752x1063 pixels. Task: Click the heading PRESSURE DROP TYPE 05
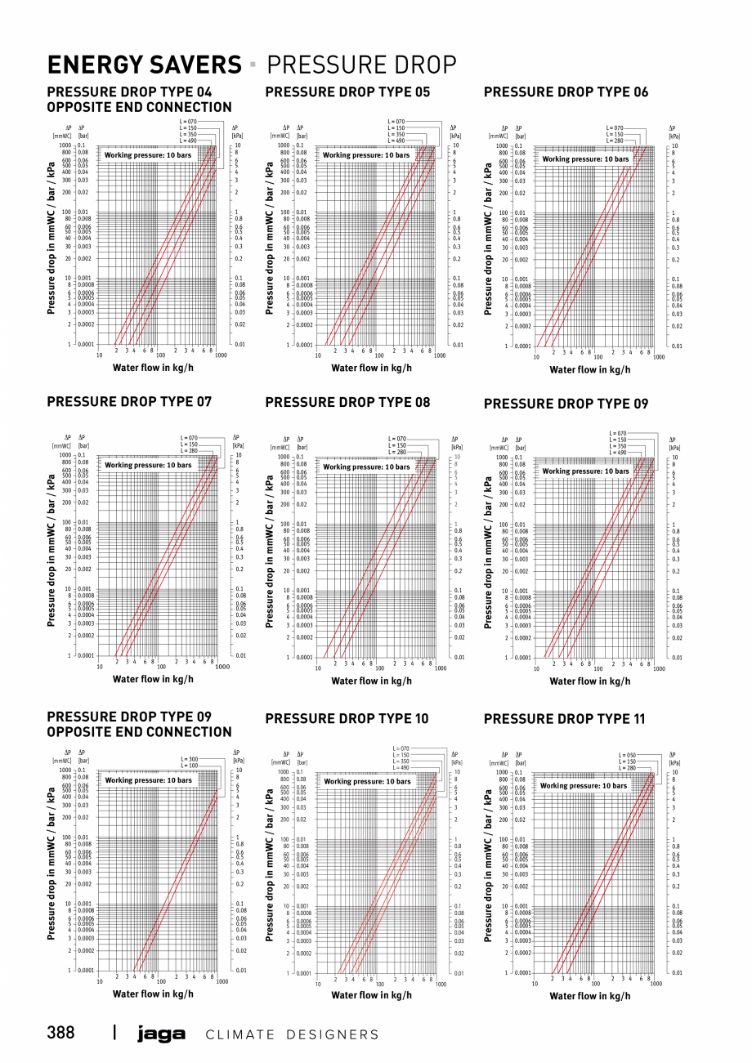point(347,92)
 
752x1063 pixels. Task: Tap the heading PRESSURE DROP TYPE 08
point(347,402)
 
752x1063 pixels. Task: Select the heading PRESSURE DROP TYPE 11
point(564,719)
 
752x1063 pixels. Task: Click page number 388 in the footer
point(61,1033)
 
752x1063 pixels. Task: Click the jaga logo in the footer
point(161,1034)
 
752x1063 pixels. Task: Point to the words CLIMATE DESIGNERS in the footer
point(292,1034)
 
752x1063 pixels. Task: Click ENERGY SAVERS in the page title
point(144,65)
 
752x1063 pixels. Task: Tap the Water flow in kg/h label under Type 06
point(589,369)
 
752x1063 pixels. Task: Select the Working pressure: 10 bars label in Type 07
point(148,465)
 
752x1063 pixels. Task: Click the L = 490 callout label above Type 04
point(189,141)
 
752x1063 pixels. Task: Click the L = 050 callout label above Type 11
point(627,756)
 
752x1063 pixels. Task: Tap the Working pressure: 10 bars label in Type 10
point(367,781)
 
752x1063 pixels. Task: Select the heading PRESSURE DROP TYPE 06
point(566,92)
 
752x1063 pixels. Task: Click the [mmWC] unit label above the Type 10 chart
point(281,762)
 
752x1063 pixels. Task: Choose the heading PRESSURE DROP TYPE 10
point(347,719)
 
